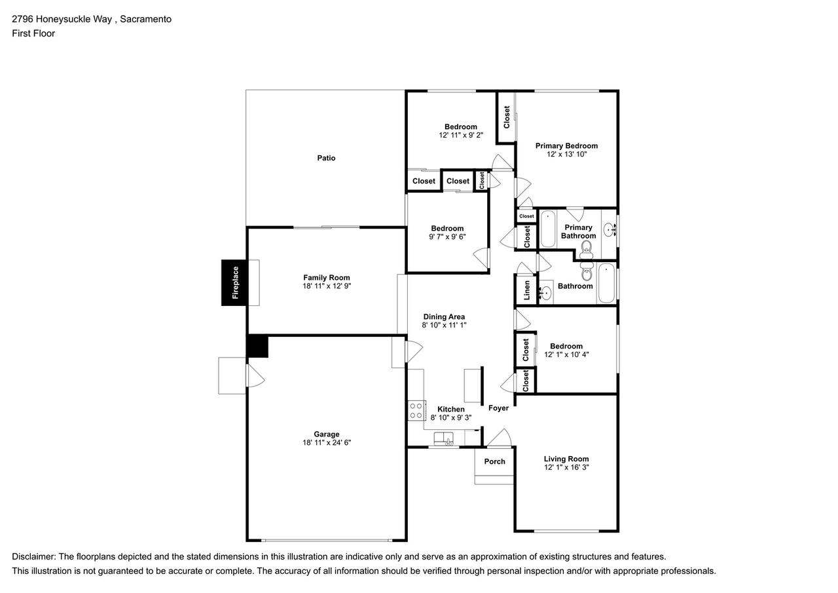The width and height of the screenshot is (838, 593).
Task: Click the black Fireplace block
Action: (x=234, y=282)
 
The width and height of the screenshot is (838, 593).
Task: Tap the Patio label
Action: (x=326, y=158)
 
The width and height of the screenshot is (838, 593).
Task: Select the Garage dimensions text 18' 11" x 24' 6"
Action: (x=327, y=442)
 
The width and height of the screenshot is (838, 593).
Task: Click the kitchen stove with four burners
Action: (x=416, y=410)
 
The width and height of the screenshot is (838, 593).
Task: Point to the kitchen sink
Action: (x=443, y=438)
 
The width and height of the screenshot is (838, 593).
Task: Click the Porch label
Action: (x=494, y=461)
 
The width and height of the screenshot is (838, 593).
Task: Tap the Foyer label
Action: (x=498, y=408)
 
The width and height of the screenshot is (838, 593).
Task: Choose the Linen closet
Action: (x=526, y=290)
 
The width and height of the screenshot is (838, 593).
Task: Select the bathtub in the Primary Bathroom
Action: (x=548, y=229)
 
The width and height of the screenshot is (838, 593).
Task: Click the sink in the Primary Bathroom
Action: (x=610, y=229)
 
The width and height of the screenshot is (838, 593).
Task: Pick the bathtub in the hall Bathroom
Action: (x=606, y=282)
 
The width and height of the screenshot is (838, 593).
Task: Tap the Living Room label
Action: (x=566, y=459)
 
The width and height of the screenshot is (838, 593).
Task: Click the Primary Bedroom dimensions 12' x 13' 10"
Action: (x=566, y=154)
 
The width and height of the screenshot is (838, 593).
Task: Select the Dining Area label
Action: (x=444, y=316)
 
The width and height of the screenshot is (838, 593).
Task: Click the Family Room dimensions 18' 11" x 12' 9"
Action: (x=327, y=286)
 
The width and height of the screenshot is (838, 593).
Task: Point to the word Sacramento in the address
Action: (x=145, y=19)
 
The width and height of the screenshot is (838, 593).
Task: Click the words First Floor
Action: (x=33, y=33)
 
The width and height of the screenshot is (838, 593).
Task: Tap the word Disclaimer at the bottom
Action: (x=34, y=556)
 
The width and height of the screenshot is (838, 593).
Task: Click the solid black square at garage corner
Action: (x=257, y=347)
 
